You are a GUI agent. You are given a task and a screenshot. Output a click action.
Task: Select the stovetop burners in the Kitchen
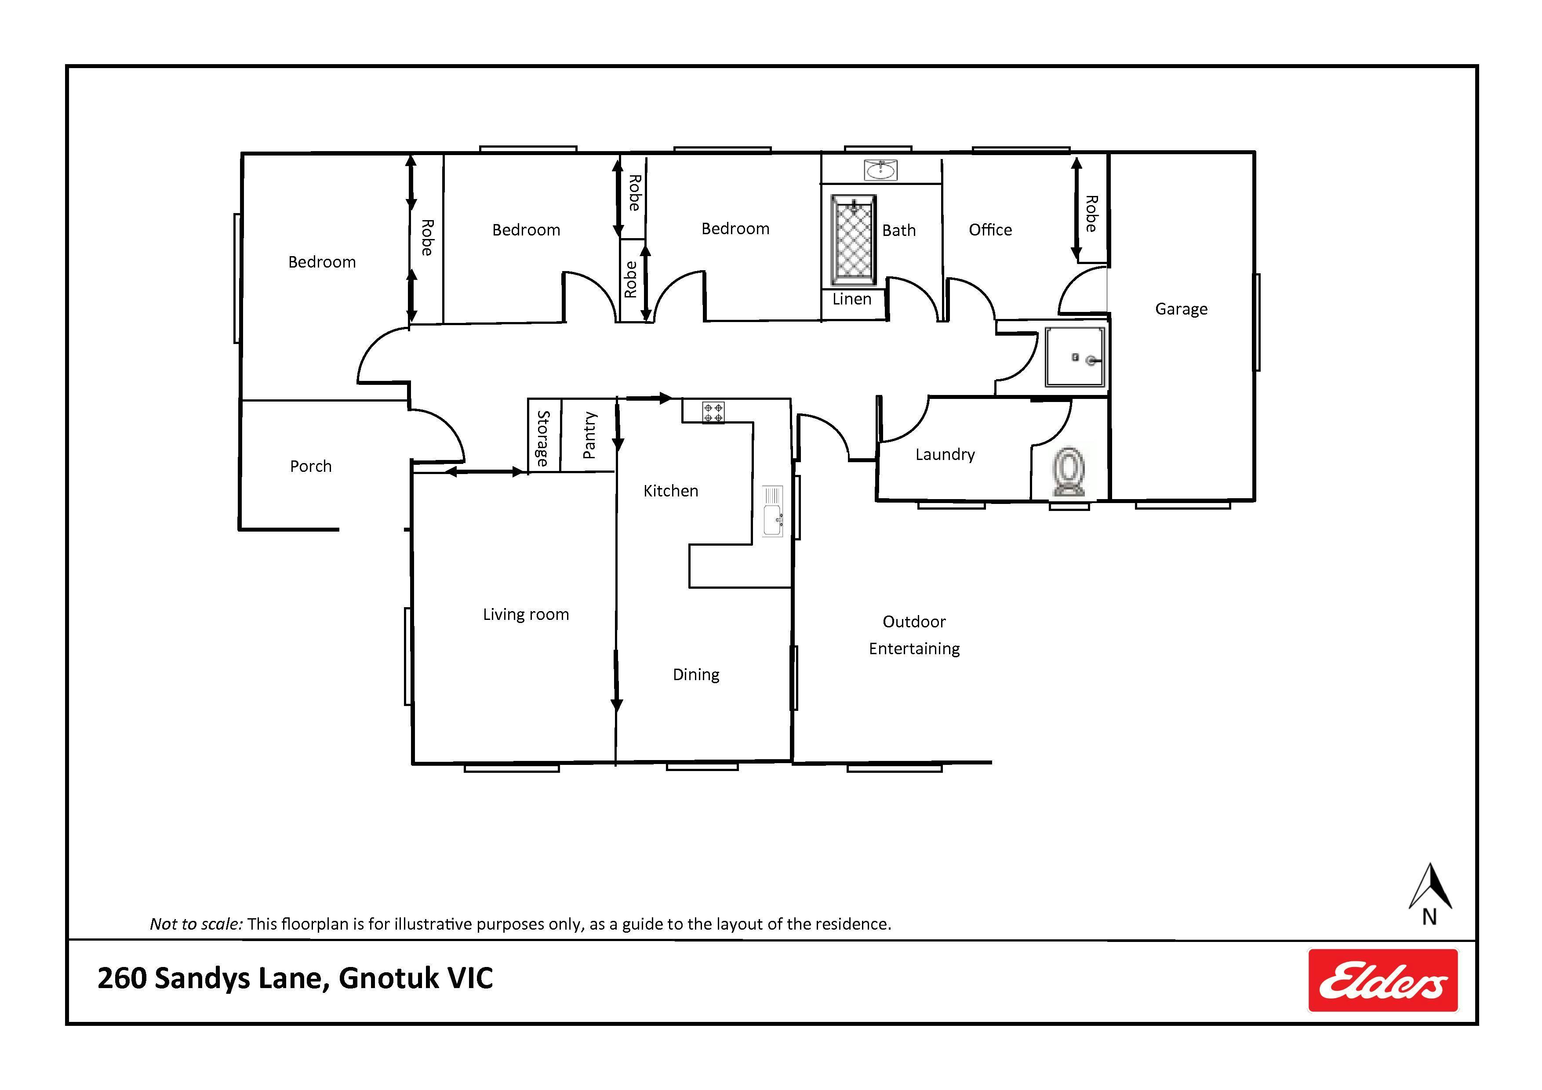713,412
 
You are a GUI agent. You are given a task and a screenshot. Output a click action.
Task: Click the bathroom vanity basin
880,170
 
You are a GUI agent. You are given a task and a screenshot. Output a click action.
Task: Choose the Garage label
1182,309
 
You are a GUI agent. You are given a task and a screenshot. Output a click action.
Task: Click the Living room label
526,615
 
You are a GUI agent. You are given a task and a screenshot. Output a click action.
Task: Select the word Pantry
589,435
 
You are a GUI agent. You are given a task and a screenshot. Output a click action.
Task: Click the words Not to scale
196,924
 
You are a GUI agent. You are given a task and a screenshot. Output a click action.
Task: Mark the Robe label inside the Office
1092,214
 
